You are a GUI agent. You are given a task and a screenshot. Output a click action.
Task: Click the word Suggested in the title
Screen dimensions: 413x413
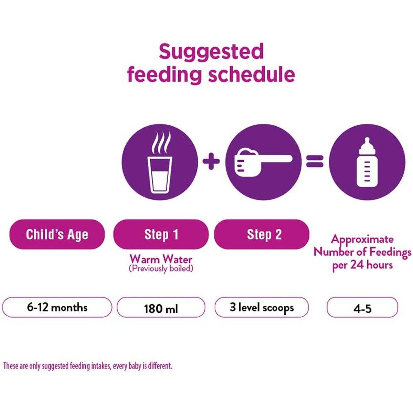pos(211,52)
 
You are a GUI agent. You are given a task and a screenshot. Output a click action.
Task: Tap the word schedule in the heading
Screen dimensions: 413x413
pos(252,74)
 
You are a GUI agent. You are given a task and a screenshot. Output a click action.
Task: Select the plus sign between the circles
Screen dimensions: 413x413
pos(211,162)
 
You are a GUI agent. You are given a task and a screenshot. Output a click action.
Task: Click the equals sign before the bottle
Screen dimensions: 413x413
pos(315,161)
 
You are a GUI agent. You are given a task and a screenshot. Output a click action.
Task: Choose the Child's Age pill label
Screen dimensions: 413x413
pos(57,234)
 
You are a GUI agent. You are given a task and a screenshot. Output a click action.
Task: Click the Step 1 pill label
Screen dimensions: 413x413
pos(161,234)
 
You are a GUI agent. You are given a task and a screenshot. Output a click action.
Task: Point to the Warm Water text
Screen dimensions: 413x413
pos(161,259)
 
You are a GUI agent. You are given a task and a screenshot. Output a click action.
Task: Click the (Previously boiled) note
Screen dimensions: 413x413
pos(161,268)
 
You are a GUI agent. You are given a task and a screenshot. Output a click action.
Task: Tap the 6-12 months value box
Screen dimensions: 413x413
pos(57,307)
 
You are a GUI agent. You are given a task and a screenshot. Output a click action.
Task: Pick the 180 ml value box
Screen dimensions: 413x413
pos(161,308)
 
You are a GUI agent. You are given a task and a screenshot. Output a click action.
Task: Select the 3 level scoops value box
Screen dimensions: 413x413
pos(262,307)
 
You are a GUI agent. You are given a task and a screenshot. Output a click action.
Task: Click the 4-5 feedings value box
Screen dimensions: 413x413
pos(362,308)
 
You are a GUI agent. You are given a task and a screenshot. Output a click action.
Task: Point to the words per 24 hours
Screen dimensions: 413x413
pos(362,265)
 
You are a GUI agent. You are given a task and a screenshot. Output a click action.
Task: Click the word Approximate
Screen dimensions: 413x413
pos(362,239)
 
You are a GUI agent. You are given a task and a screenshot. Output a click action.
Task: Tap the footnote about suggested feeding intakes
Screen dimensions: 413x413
pos(88,366)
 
